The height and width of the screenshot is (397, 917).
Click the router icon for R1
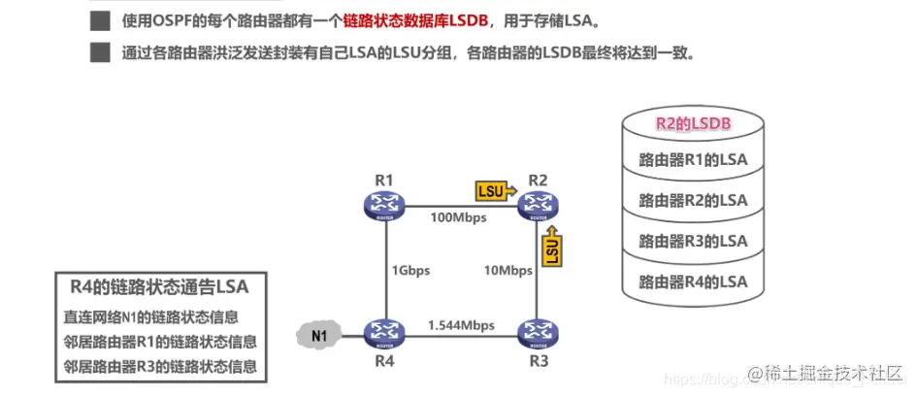(x=384, y=204)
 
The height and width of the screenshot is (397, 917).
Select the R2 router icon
(x=538, y=204)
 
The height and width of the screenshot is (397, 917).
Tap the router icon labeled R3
(x=538, y=334)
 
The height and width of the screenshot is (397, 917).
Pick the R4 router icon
(x=384, y=334)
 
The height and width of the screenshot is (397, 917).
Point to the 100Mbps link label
(x=459, y=217)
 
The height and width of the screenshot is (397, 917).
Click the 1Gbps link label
(x=410, y=269)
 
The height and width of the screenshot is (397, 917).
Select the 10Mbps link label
(x=507, y=269)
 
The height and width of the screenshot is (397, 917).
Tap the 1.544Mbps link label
(x=461, y=322)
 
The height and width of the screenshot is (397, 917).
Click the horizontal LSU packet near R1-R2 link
(x=494, y=190)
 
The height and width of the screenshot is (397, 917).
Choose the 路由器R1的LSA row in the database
(x=693, y=160)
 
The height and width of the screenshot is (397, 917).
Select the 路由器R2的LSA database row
(x=693, y=200)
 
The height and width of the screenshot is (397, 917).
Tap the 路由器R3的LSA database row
(x=693, y=241)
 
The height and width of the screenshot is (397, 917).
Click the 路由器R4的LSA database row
(x=693, y=281)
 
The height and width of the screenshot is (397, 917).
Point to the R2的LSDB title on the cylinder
(x=693, y=123)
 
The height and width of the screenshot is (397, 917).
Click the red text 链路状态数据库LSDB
(x=404, y=19)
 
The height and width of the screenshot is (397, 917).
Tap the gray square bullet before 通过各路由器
(x=99, y=52)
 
